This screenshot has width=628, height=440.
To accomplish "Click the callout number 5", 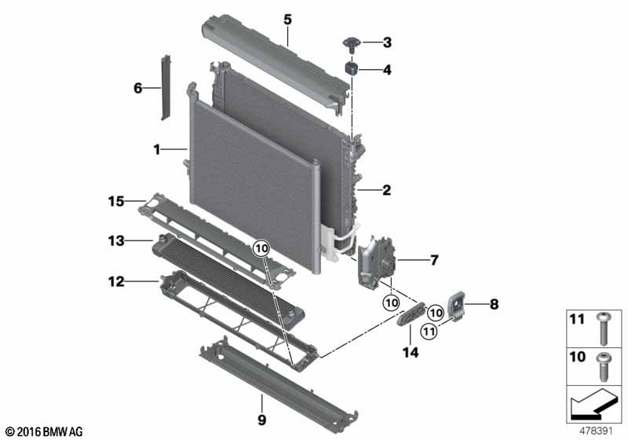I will (287, 16).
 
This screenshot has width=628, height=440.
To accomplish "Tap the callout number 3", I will (386, 42).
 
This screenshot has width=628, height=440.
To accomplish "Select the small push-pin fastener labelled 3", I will (351, 41).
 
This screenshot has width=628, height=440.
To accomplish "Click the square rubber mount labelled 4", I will (352, 70).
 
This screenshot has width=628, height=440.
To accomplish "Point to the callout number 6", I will (138, 88).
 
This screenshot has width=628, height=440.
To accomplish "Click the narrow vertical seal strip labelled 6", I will (166, 87).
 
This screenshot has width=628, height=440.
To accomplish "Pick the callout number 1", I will (157, 148).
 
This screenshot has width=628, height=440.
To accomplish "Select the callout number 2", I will (386, 189).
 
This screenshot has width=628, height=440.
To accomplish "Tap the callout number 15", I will (116, 203).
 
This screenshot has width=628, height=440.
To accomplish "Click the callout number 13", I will (116, 240).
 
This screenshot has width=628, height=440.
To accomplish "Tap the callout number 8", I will (494, 302).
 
